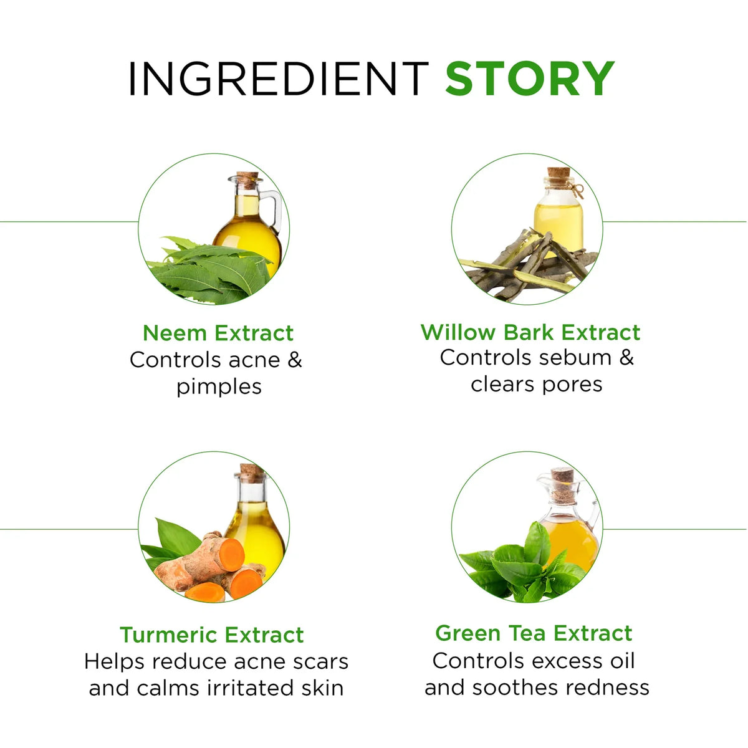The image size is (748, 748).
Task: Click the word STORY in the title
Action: [529, 78]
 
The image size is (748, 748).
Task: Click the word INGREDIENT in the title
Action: [278, 78]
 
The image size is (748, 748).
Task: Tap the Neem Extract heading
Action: [218, 333]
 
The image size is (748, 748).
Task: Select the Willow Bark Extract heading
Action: [530, 332]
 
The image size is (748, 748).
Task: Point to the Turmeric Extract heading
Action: [212, 635]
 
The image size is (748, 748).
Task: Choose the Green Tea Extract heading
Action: [534, 633]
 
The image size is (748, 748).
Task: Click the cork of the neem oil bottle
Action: [247, 181]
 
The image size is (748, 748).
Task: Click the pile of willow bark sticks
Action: [528, 263]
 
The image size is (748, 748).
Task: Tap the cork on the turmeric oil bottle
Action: [252, 473]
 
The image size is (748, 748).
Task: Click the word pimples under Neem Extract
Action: [219, 388]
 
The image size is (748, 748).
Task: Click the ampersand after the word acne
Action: [295, 360]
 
